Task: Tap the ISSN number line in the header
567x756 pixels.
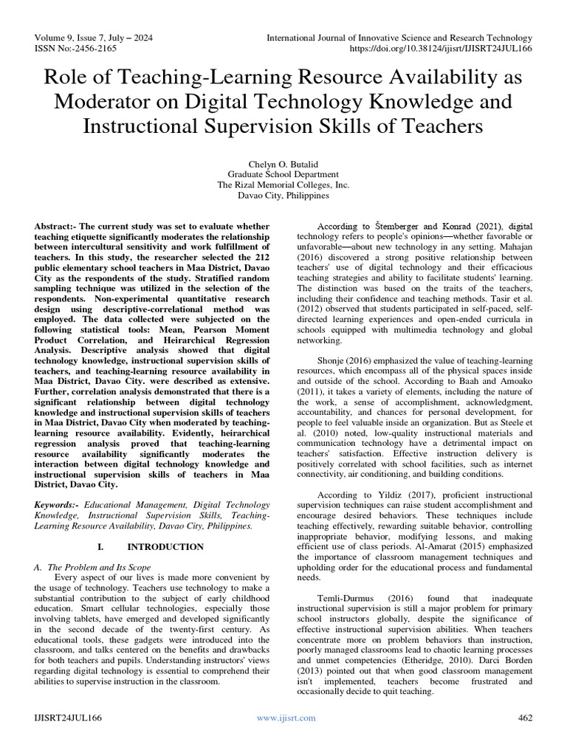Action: pos(75,49)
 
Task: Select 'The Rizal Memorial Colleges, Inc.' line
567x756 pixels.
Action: pos(283,185)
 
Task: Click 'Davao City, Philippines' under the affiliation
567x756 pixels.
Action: pos(283,197)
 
